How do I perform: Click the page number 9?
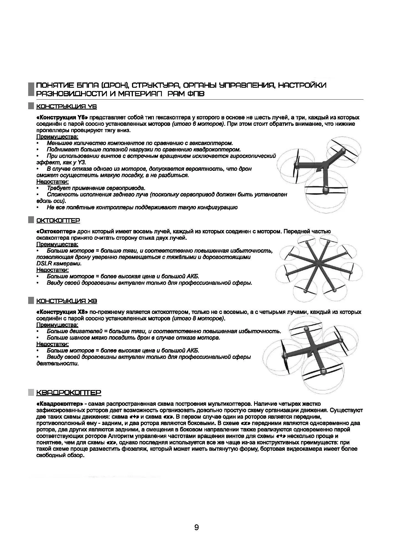click(196, 527)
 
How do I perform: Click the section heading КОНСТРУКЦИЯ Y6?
click(66, 106)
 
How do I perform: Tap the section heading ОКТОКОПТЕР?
click(58, 220)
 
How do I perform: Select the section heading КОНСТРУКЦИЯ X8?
click(67, 301)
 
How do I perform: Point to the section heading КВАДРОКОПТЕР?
click(69, 392)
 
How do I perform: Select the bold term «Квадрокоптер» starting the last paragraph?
click(60, 404)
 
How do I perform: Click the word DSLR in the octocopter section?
click(43, 263)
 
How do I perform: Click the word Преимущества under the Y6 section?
click(57, 137)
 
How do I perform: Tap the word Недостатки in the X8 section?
click(52, 344)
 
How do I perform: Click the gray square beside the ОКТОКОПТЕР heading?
click(31, 220)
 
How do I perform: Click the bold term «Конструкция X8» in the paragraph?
click(62, 312)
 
